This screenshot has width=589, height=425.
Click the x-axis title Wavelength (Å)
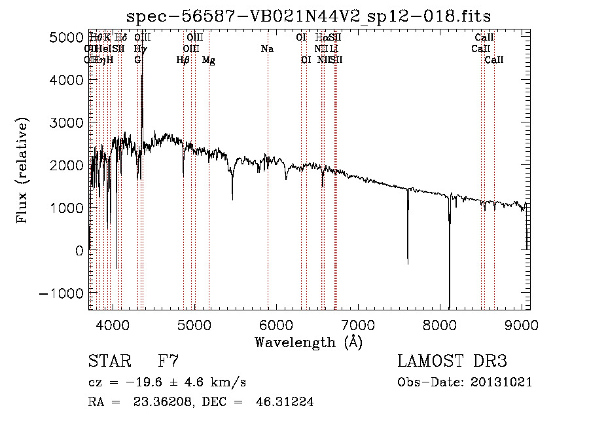[308, 342]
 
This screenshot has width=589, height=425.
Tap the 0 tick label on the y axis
[78, 250]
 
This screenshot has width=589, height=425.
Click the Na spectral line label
[267, 49]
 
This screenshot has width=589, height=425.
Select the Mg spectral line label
[209, 60]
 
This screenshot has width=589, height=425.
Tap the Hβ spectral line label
[183, 60]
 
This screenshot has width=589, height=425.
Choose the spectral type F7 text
[168, 361]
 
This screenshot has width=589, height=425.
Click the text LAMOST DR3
[452, 361]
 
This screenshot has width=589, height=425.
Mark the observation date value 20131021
[503, 382]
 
